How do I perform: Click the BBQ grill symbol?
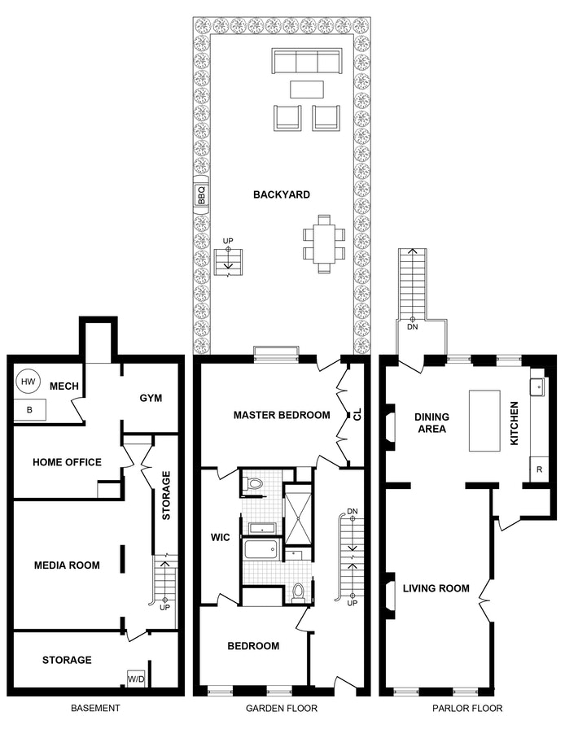(200, 196)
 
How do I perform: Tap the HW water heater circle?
(28, 381)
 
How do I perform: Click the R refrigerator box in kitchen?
(538, 469)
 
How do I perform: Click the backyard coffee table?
(306, 88)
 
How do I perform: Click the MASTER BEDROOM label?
(282, 415)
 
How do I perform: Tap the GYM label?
(151, 398)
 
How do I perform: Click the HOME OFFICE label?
(67, 462)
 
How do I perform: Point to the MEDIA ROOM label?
(67, 565)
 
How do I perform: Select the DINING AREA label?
(432, 423)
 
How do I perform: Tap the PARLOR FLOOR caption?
(467, 709)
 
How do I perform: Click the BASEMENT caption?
(94, 709)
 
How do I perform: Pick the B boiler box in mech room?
(30, 411)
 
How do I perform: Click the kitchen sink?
(537, 386)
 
